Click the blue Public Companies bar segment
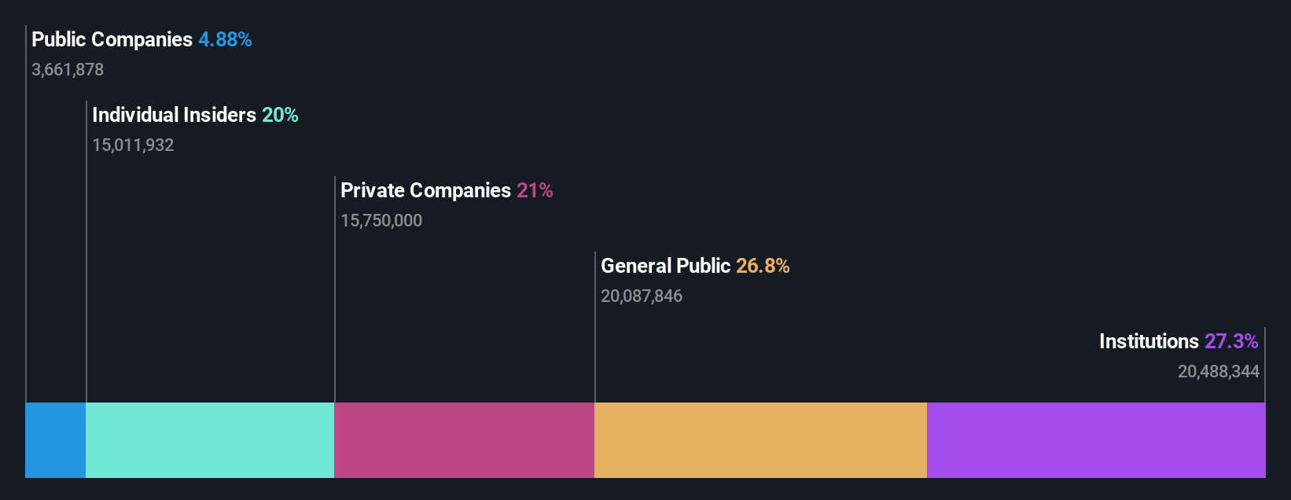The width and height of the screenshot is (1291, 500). (x=55, y=440)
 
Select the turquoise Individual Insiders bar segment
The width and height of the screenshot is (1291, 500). (x=210, y=440)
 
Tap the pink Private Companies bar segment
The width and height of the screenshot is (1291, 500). (x=464, y=440)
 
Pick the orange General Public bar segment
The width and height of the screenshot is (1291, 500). (x=760, y=440)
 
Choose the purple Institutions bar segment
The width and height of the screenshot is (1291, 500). (x=1096, y=440)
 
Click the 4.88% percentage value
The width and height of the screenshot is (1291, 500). (x=225, y=39)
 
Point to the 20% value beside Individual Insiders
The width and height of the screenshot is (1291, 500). (x=280, y=115)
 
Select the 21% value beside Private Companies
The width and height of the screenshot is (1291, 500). (x=535, y=190)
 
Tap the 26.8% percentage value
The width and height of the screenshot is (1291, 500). (x=763, y=266)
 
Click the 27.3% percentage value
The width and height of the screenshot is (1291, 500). (x=1231, y=341)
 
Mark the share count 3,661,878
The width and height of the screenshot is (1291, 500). (x=68, y=70)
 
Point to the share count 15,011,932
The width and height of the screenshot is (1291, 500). (x=133, y=145)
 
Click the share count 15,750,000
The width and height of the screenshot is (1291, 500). (x=381, y=221)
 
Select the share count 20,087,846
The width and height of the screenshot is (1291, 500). (x=642, y=296)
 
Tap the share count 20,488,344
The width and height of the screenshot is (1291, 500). (x=1218, y=372)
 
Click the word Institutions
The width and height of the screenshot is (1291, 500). (x=1149, y=341)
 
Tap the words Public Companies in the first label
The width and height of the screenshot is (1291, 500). (x=112, y=39)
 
